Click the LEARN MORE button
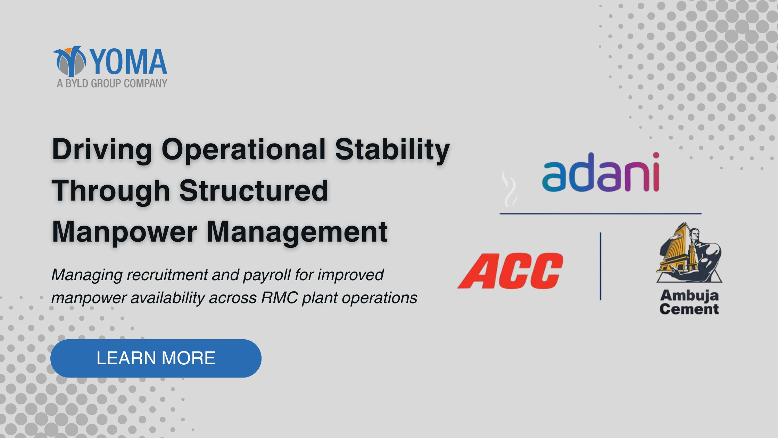coord(156,358)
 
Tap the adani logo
coord(601,172)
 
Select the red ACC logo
coord(510,271)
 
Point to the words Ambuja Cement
coord(689,302)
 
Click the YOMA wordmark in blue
coord(129,62)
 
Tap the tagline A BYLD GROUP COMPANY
coord(112,83)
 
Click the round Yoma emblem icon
coord(70,61)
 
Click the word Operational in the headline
coord(243,149)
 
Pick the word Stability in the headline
coord(392,149)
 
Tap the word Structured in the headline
coord(254,190)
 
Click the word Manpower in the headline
coord(125,233)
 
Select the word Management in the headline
coord(297,232)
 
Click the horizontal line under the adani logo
coord(601,213)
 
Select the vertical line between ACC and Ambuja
coord(601,266)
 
